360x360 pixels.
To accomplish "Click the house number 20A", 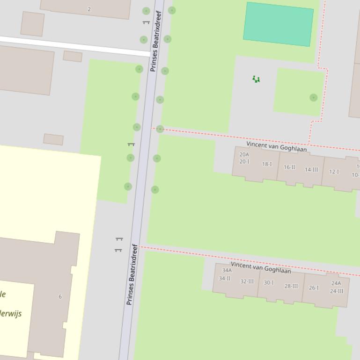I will pyautogui.click(x=244, y=154).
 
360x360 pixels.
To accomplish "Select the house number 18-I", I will pyautogui.click(x=267, y=164).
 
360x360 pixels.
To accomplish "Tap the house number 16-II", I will pyautogui.click(x=289, y=167).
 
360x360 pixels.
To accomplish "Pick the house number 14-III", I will pyautogui.click(x=311, y=170).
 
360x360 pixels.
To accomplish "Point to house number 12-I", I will pyautogui.click(x=334, y=172).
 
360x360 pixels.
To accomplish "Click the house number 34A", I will pyautogui.click(x=227, y=270).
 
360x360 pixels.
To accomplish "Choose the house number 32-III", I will pyautogui.click(x=247, y=281).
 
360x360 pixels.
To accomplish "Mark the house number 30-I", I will pyautogui.click(x=269, y=283).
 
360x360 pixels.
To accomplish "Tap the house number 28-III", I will pyautogui.click(x=291, y=286).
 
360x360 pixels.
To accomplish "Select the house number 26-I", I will pyautogui.click(x=314, y=288).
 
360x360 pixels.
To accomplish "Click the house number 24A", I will pyautogui.click(x=336, y=283).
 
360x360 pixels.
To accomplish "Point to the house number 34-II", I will pyautogui.click(x=225, y=278).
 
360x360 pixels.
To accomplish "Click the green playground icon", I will pyautogui.click(x=256, y=79).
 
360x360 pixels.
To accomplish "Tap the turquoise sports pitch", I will pyautogui.click(x=279, y=24).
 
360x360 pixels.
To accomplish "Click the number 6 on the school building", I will pyautogui.click(x=60, y=296).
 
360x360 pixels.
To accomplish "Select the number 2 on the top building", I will pyautogui.click(x=89, y=9).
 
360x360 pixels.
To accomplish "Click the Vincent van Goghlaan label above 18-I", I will pyautogui.click(x=277, y=147).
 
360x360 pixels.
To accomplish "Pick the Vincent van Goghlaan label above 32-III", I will pyautogui.click(x=261, y=267).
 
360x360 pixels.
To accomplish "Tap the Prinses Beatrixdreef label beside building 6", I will pyautogui.click(x=132, y=274).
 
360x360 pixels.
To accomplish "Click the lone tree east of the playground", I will pyautogui.click(x=313, y=97).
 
